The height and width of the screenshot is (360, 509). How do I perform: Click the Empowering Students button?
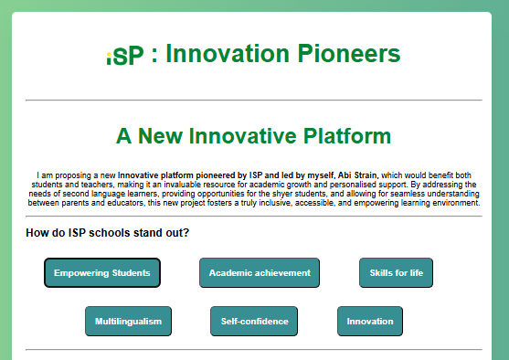click(x=102, y=273)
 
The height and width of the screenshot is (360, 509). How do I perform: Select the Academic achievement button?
click(x=260, y=273)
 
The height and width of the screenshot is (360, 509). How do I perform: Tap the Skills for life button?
click(x=396, y=273)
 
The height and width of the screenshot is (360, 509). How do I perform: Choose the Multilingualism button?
click(x=128, y=322)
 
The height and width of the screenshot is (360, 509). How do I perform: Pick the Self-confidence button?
click(x=254, y=322)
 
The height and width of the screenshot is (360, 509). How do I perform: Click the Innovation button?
click(x=370, y=322)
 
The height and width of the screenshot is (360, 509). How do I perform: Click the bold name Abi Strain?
click(x=357, y=175)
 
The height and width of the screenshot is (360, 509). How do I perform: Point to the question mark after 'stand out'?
click(x=186, y=233)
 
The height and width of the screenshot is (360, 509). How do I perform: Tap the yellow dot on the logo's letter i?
click(x=110, y=54)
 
